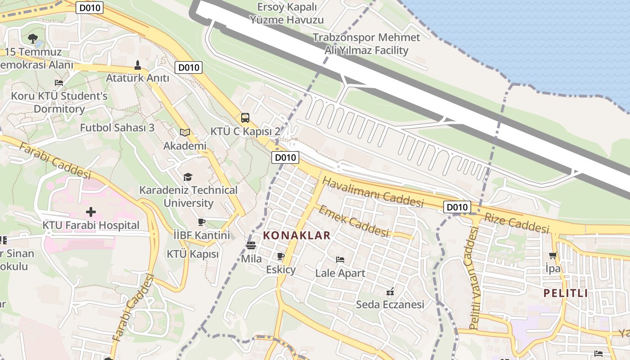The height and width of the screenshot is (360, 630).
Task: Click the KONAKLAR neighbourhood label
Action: coord(297,235)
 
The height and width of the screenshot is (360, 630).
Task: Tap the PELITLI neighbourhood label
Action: coord(566,293)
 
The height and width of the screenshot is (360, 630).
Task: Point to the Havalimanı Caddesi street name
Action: coord(373,192)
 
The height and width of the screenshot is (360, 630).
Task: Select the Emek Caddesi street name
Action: coord(354,221)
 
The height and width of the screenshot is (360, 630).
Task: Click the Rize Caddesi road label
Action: coord(517,223)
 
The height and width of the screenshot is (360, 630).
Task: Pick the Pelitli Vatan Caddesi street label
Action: coord(474,278)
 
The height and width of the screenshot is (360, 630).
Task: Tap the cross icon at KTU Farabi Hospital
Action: coord(91,211)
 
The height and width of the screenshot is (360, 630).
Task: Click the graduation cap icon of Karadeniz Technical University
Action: coord(188,177)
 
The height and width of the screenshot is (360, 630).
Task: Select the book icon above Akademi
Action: coord(184,132)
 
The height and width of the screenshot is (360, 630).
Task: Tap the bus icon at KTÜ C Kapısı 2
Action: coord(245,118)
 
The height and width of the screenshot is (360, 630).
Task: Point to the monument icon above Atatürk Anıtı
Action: coord(138,65)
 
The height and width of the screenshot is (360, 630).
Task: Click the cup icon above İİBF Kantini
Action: coord(202,222)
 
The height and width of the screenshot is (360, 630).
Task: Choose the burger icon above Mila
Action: coord(251,246)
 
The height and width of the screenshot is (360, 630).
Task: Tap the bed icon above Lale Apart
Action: coord(340,260)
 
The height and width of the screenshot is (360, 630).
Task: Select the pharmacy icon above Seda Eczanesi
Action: coord(390,292)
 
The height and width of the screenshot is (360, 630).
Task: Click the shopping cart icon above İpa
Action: coord(553,255)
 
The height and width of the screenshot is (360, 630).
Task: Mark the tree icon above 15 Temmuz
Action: coord(32,39)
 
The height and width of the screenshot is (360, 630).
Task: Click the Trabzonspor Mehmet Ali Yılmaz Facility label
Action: coord(366,44)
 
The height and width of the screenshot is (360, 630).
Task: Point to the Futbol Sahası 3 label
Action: coord(117,128)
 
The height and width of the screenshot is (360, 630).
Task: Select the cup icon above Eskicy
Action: coord(281,256)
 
